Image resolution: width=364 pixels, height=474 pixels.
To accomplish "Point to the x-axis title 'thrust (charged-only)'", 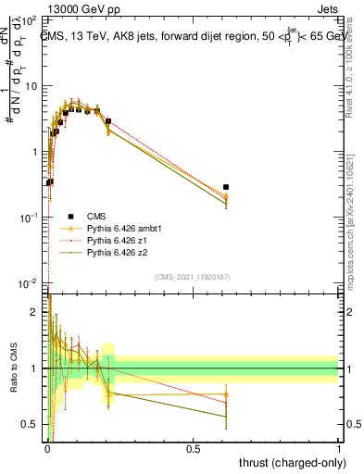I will (x=288, y=464).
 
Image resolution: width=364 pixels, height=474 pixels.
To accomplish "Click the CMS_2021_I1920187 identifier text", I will (x=193, y=276).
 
